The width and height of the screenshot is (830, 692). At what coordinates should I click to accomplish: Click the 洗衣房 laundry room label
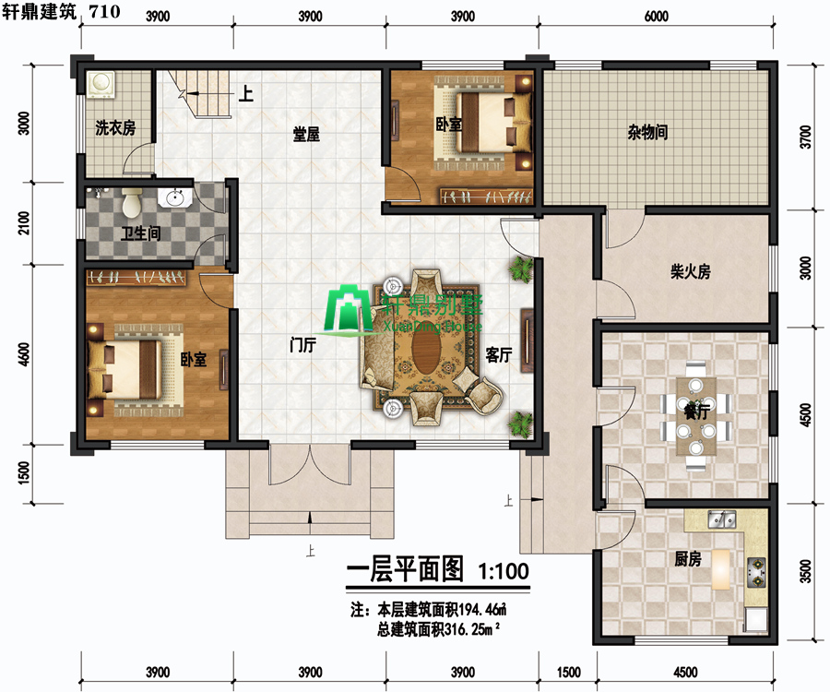[x=115, y=127]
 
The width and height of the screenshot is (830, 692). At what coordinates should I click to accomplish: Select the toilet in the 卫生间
[x=131, y=202]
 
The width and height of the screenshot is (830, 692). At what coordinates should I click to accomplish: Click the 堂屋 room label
[x=306, y=135]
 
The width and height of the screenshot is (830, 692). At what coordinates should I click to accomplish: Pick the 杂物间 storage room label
[x=647, y=132]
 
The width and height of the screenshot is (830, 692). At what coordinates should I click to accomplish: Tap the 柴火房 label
[x=690, y=271]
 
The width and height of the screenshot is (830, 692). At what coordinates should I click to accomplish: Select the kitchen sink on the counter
[x=722, y=520]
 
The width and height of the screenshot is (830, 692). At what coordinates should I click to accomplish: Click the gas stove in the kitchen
[x=756, y=572]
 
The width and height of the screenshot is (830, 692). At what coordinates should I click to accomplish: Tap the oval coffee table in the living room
[x=425, y=348]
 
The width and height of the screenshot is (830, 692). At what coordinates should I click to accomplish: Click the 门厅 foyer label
[x=303, y=345]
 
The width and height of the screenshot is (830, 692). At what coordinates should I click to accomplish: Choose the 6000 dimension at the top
[x=657, y=17]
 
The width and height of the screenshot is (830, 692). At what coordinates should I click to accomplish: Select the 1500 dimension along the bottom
[x=568, y=673]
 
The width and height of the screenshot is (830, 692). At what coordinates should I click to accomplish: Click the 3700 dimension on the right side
[x=805, y=137]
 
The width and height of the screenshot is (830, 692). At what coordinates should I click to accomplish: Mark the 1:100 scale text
[x=504, y=571]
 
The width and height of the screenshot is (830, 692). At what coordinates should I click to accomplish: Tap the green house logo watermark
[x=348, y=309]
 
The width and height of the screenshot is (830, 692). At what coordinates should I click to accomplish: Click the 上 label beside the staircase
[x=245, y=94]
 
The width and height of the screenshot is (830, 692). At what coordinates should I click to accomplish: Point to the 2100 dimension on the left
[x=24, y=223]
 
